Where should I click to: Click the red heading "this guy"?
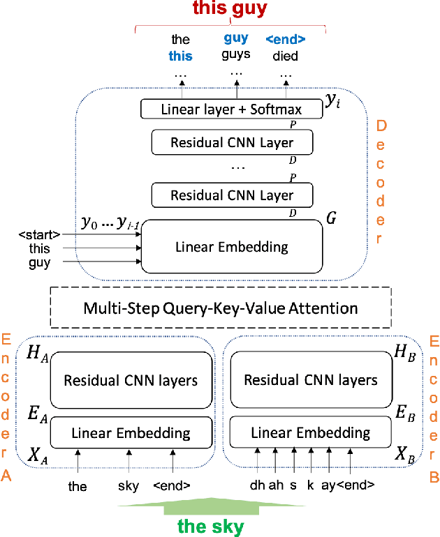[230, 9]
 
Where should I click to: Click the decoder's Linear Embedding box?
[232, 247]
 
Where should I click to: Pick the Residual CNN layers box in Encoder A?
[131, 381]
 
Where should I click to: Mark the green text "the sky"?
[211, 527]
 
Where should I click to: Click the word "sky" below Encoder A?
[129, 485]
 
